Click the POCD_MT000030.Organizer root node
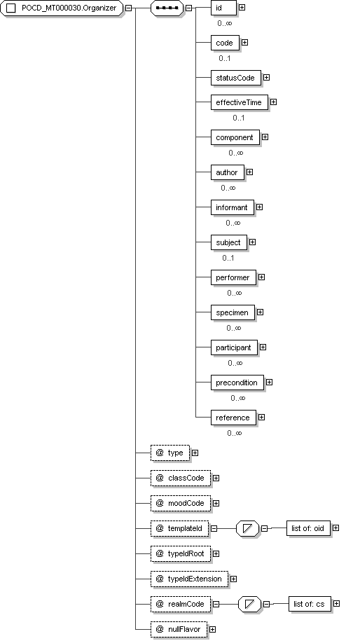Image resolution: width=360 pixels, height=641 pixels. click(62, 8)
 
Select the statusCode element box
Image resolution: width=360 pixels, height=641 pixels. click(236, 78)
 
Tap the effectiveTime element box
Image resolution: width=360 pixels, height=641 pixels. click(240, 102)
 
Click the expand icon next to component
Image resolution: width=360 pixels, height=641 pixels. click(265, 137)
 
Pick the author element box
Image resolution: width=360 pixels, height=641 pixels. click(227, 172)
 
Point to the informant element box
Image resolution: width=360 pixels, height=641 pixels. click(232, 207)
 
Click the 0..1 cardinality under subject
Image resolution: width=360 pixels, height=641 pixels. click(228, 258)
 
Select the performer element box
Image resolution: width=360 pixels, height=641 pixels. click(233, 277)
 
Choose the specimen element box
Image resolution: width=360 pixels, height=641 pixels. click(233, 312)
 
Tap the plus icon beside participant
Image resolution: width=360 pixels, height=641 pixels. click(263, 347)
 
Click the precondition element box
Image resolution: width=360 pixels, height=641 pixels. click(237, 382)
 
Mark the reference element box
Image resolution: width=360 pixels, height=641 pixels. click(233, 418)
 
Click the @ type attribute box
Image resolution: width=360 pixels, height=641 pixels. click(170, 453)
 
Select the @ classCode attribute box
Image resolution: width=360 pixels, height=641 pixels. click(181, 478)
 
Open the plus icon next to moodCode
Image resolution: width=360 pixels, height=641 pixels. click(216, 503)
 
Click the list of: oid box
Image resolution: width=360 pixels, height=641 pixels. click(308, 528)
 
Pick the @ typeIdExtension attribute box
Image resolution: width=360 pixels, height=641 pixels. click(189, 579)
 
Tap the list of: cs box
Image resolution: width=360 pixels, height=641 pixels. click(310, 604)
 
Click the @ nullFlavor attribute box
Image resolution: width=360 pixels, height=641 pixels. click(179, 629)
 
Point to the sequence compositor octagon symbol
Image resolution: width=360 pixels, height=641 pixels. click(167, 8)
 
